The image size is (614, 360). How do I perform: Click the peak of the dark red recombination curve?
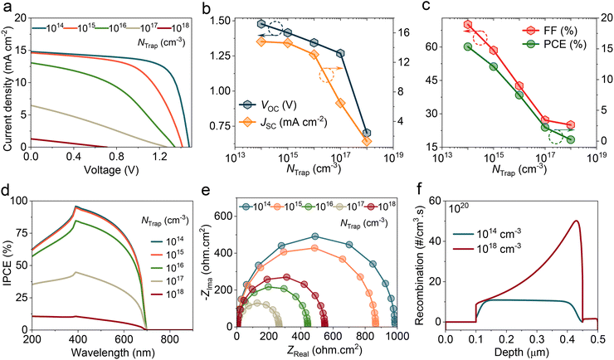[x=576, y=221]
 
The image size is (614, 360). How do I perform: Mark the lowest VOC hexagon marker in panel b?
[x=367, y=133]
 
